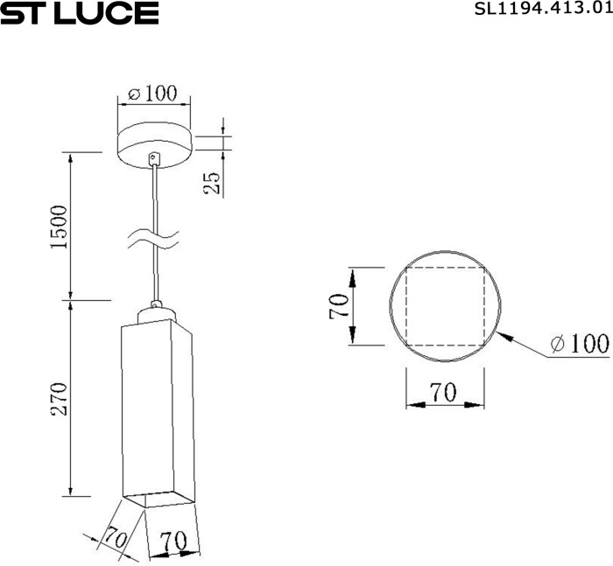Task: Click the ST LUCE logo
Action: pos(80,13)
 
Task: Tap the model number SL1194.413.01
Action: pos(544,9)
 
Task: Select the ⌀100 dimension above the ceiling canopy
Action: pos(153,94)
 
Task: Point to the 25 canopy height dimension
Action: pos(212,183)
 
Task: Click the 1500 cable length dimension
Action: pos(60,227)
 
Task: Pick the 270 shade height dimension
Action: pos(60,399)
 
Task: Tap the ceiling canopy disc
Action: pos(155,145)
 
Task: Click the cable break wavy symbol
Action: pos(153,239)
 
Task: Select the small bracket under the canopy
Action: pos(155,158)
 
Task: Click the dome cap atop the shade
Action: pos(157,314)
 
